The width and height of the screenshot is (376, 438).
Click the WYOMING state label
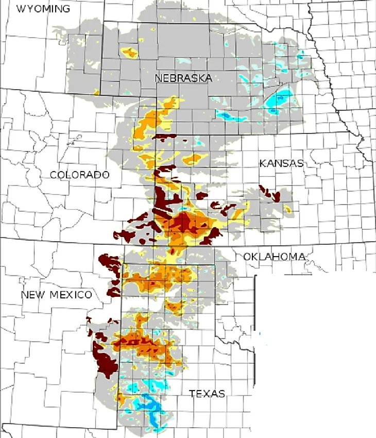(x=43, y=9)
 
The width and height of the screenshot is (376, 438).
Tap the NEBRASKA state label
(x=183, y=78)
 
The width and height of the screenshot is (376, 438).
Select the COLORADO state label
(x=79, y=175)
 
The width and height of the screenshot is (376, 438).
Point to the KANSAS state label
(x=281, y=163)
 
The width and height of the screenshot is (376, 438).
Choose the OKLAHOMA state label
(x=274, y=256)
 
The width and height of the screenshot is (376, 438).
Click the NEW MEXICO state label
(x=56, y=295)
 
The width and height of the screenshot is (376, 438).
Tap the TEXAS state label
(x=207, y=394)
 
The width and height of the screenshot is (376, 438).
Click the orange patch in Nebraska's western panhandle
(x=129, y=52)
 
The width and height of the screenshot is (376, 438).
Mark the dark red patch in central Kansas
(x=271, y=194)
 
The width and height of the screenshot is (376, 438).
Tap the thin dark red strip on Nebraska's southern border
(x=166, y=137)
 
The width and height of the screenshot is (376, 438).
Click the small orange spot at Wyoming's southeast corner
(x=96, y=92)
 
